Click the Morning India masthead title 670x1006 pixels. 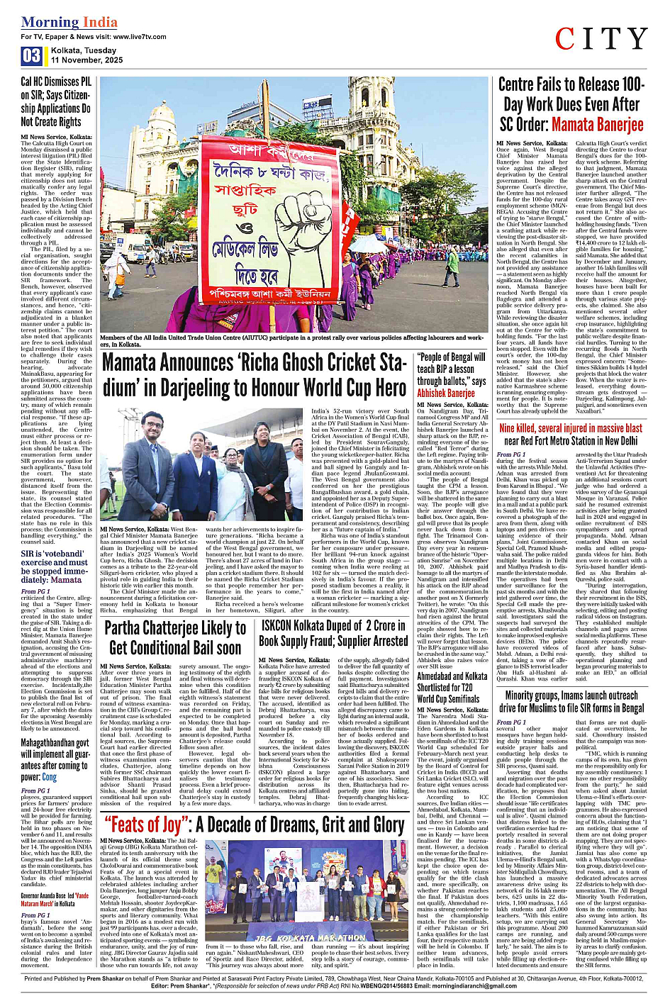(x=69, y=22)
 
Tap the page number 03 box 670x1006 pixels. (x=31, y=56)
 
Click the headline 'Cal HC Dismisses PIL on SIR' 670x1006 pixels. (x=56, y=102)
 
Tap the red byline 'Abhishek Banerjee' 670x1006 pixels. (x=446, y=393)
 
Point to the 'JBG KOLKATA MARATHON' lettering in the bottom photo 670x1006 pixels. (x=313, y=939)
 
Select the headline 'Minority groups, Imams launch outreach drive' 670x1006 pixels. (x=571, y=701)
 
